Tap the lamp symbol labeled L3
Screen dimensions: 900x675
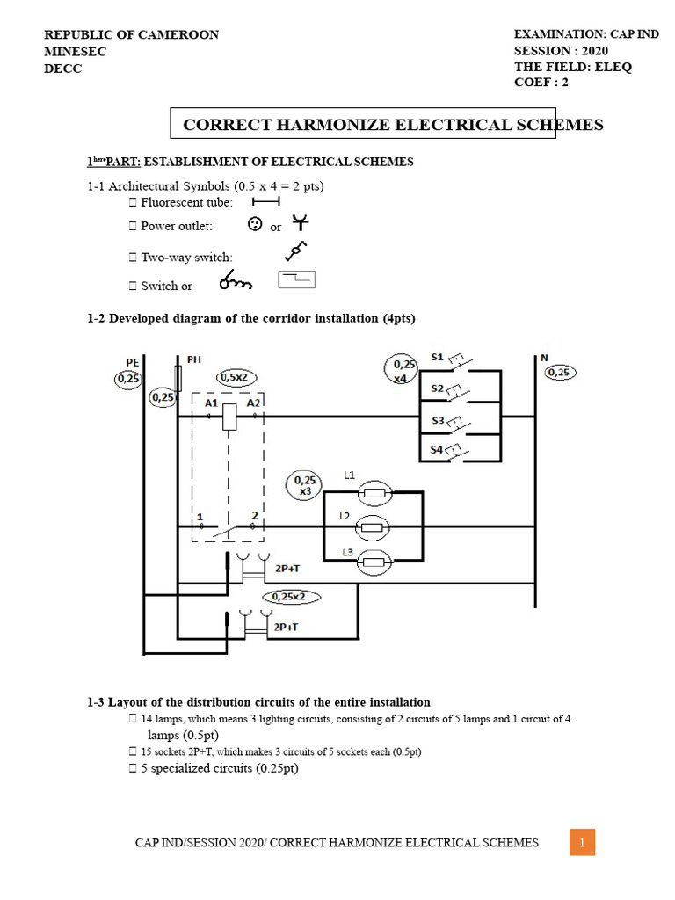(375, 562)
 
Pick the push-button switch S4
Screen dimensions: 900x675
(457, 453)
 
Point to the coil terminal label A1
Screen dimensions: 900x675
(212, 403)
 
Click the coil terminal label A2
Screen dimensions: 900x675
(254, 403)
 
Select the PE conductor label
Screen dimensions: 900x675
(132, 361)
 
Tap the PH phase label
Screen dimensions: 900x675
(193, 359)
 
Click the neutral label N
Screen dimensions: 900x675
(544, 358)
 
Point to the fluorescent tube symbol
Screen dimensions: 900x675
(265, 202)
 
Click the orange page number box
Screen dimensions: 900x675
(582, 842)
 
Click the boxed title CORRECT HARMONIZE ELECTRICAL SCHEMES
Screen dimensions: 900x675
(393, 125)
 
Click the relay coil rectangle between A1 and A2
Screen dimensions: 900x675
(230, 417)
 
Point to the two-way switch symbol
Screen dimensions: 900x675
(296, 252)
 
